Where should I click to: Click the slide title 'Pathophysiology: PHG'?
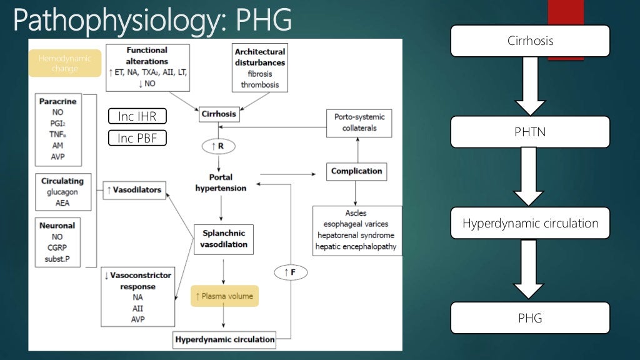click(x=152, y=19)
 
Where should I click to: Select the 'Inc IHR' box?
click(x=137, y=116)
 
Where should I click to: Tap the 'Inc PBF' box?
click(x=137, y=138)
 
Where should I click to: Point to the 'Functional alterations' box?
click(x=147, y=67)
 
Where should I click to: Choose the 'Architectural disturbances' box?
click(x=260, y=67)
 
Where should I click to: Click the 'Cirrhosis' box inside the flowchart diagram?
click(x=219, y=114)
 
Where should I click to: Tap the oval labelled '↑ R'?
click(x=218, y=146)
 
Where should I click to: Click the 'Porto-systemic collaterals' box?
click(x=360, y=123)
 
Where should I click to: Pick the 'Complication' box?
click(x=356, y=171)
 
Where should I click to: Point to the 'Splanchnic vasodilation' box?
click(x=223, y=239)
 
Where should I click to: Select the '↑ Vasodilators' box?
click(x=134, y=189)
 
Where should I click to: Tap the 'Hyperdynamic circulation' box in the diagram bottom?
click(x=225, y=340)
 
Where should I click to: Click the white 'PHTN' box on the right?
click(x=530, y=132)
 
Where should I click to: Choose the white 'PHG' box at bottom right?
click(x=530, y=318)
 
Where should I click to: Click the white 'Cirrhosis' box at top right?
click(x=530, y=41)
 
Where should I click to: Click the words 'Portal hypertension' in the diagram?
click(x=221, y=182)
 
